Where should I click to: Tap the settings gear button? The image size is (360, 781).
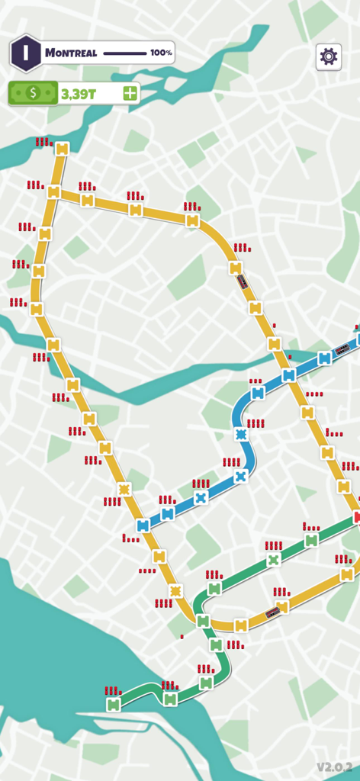329,56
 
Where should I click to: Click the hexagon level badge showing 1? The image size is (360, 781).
25,53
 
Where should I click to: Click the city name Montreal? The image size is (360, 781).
71,53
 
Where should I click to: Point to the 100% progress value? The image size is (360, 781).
161,53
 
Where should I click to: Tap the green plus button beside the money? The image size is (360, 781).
130,93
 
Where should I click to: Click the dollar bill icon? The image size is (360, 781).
32,93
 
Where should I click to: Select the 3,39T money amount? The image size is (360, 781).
78,93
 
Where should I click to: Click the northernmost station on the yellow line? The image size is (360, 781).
62,149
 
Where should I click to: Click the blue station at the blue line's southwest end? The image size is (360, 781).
143,525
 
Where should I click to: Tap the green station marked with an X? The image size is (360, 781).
274,560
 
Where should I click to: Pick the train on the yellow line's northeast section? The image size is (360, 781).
243,281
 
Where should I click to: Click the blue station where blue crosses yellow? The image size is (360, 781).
288,375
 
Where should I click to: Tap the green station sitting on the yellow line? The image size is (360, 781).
203,622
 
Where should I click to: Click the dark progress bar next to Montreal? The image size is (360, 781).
124,53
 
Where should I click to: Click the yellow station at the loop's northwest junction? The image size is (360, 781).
53,192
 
